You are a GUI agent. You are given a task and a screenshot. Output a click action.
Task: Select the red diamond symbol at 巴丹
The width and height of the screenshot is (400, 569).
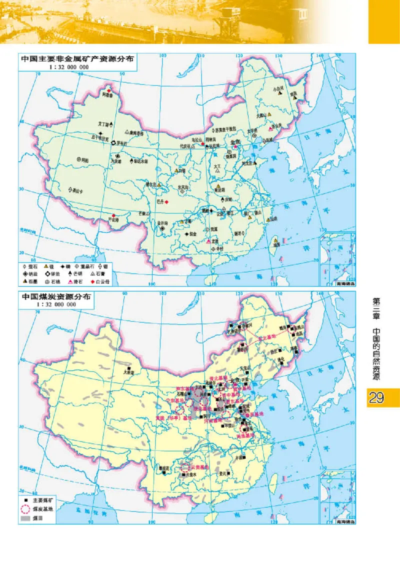[x=167, y=201]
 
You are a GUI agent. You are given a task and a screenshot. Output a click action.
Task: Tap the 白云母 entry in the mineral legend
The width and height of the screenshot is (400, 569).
[x=102, y=281]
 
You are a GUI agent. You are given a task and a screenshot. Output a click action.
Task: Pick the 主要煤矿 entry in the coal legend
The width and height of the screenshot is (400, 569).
[x=39, y=500]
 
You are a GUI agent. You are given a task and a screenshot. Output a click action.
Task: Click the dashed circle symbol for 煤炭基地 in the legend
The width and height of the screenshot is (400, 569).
[x=26, y=508]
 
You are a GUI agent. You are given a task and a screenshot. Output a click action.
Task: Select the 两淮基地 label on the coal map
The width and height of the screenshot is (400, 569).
[x=246, y=436]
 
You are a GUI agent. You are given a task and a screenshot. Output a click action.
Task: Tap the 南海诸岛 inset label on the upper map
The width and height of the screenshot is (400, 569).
[x=344, y=283]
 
